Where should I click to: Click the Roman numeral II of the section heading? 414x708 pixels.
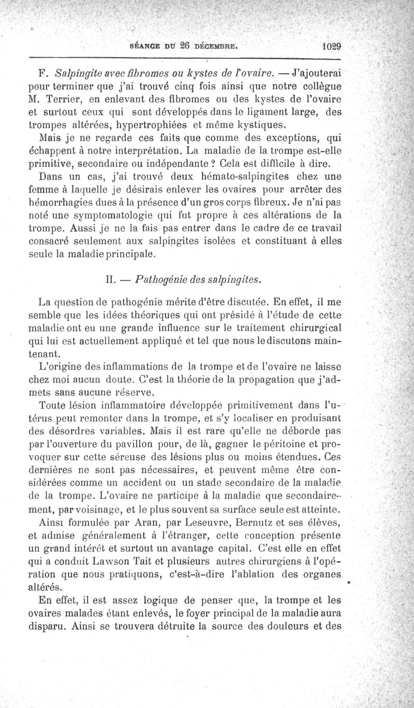(x=109, y=280)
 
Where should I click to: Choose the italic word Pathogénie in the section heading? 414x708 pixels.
(x=158, y=280)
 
